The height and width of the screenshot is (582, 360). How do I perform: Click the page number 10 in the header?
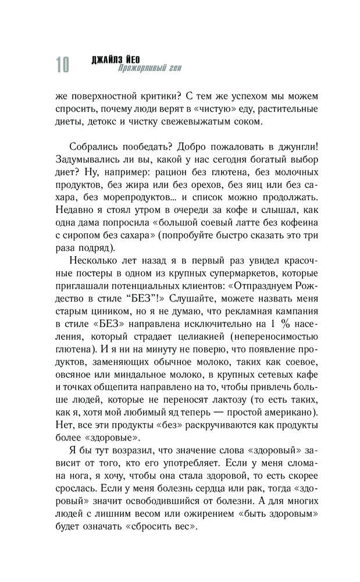(62, 65)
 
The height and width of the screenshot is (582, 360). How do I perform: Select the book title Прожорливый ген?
(149, 69)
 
